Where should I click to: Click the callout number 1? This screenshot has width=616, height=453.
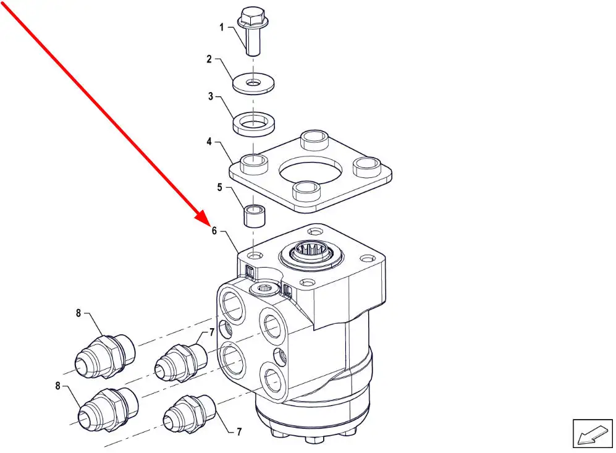(222, 27)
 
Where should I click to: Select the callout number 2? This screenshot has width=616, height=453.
(209, 59)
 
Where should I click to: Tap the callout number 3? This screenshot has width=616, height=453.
(211, 96)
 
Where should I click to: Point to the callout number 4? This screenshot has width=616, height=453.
(209, 142)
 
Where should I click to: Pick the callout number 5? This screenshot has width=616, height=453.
(219, 187)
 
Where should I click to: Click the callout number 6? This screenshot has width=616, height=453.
(214, 231)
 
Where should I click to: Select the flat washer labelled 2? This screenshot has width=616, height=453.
(253, 83)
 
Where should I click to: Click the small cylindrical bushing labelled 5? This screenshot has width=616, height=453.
(255, 216)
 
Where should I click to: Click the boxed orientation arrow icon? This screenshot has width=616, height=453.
(593, 433)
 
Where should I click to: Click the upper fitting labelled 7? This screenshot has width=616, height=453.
(180, 362)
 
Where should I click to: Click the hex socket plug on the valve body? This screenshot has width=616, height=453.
(263, 289)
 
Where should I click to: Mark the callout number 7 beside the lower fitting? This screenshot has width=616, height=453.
(239, 432)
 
